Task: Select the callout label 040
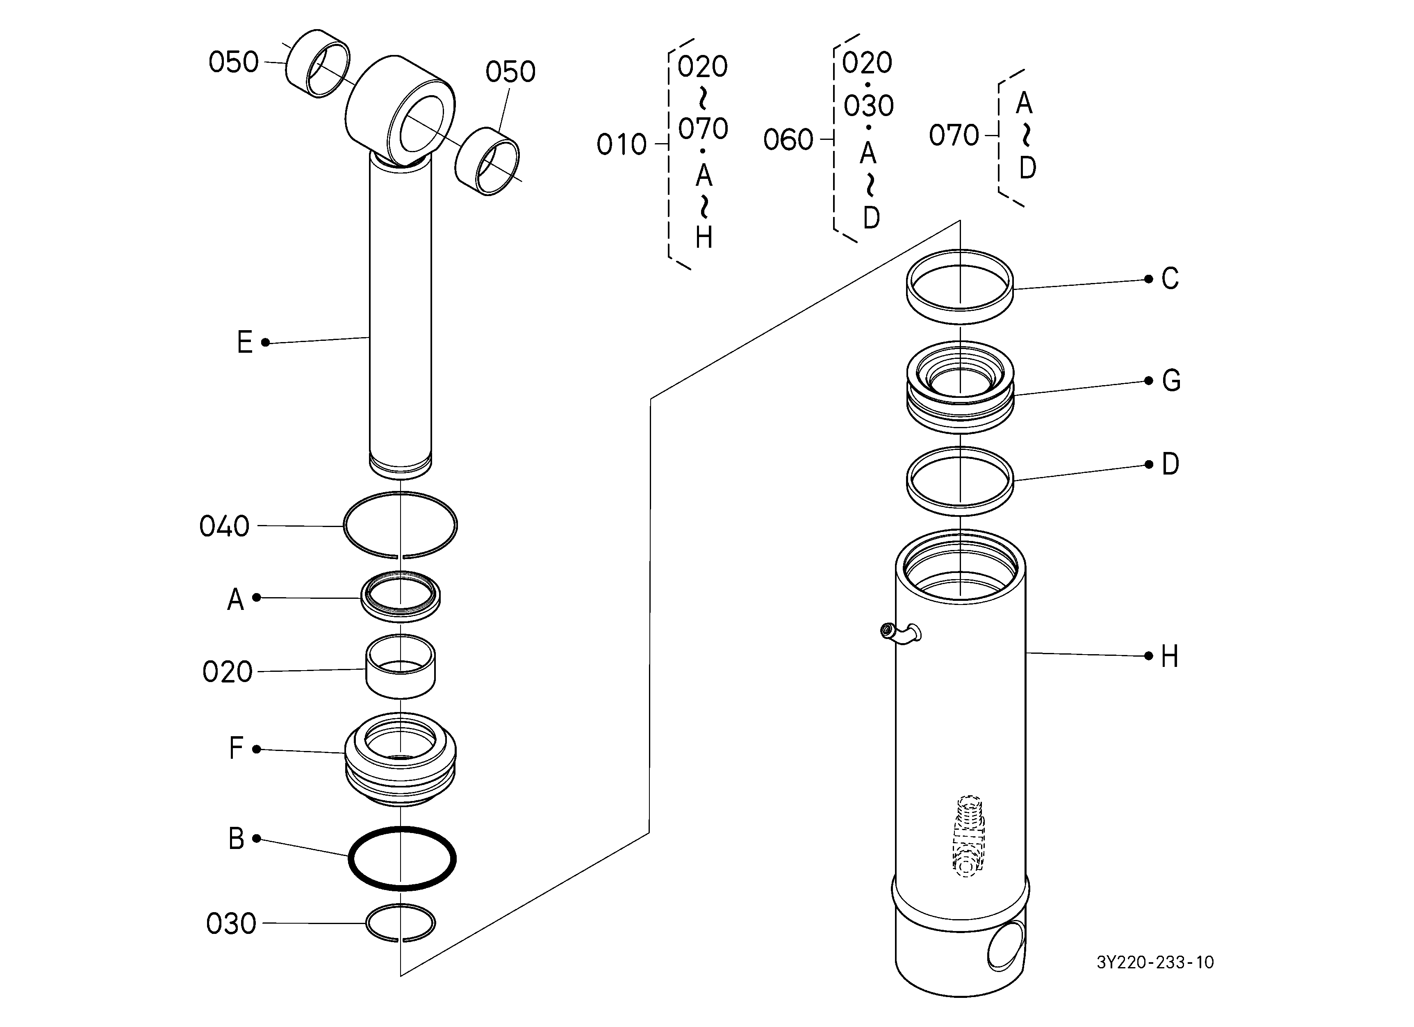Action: tap(224, 526)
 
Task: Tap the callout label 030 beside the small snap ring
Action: tap(231, 924)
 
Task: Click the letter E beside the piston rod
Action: tap(245, 342)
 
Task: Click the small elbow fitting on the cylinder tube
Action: tap(900, 633)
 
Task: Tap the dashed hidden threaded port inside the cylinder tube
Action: tap(968, 836)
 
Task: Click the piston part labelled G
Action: tap(961, 387)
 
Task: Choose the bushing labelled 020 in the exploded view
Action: tap(400, 666)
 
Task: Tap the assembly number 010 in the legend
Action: tap(622, 145)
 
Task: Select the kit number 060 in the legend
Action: tap(789, 140)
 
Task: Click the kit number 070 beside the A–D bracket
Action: tap(954, 135)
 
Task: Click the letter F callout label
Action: tap(236, 748)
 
